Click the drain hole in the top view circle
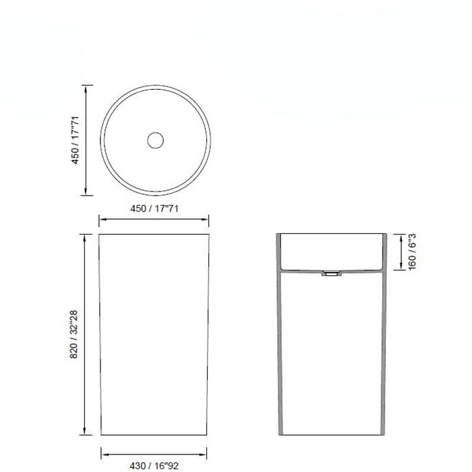(155, 140)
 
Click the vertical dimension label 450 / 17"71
(77, 140)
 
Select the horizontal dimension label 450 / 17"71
(154, 208)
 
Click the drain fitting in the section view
(332, 274)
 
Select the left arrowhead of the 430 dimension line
(103, 452)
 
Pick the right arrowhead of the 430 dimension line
(205, 452)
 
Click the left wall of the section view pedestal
(279, 351)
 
